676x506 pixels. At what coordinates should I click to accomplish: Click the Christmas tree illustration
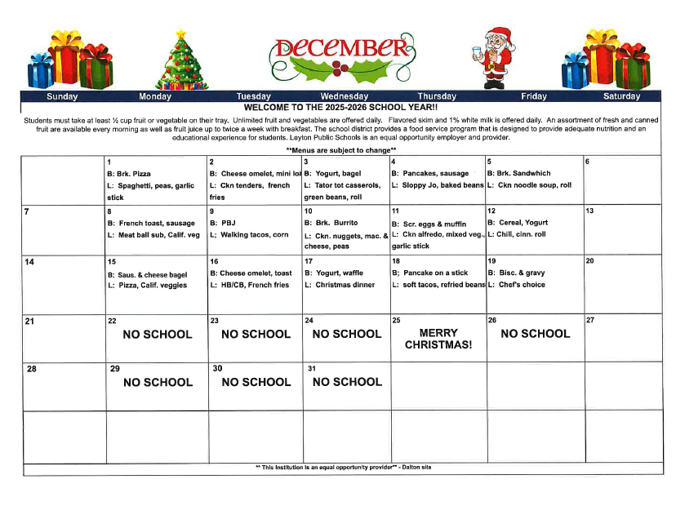[182, 60]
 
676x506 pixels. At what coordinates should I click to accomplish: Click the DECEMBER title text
[339, 49]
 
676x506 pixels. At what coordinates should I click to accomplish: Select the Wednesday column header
[344, 96]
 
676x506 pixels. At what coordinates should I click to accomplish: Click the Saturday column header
[621, 96]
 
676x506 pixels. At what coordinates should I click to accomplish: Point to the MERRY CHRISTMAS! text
[438, 339]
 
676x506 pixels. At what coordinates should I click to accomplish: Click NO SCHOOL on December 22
[158, 334]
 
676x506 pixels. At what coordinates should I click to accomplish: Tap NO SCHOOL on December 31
[347, 381]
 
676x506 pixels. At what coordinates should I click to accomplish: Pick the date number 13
[589, 211]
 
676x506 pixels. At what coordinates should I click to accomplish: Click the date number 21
[29, 321]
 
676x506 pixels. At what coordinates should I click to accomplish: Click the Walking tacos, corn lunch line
[249, 235]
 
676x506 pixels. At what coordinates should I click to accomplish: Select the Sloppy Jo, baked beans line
[438, 185]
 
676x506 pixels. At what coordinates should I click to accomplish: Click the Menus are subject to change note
[340, 149]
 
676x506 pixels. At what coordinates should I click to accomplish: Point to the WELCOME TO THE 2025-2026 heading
[341, 107]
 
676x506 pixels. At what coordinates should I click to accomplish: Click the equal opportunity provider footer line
[342, 467]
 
